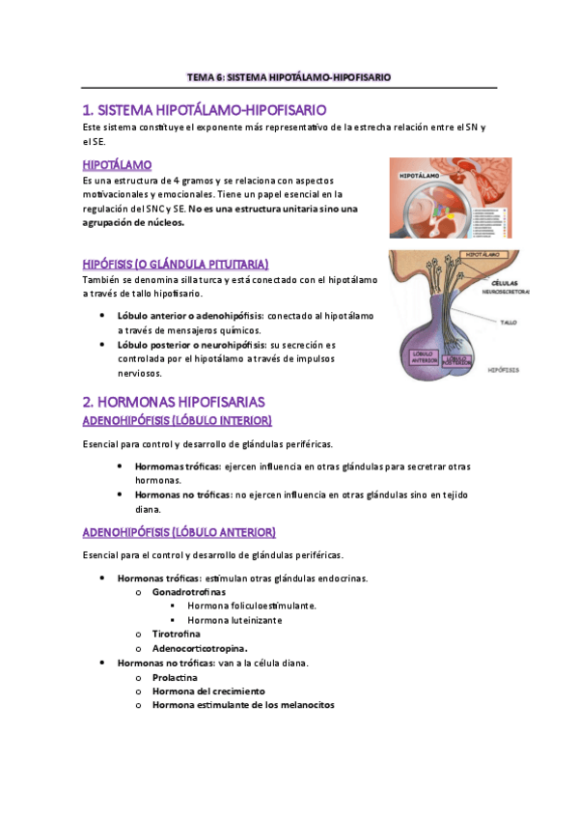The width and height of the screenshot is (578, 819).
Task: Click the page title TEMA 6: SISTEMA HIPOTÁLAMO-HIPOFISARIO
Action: pyautogui.click(x=289, y=77)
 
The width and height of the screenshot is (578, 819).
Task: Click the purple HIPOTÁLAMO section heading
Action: pyautogui.click(x=117, y=165)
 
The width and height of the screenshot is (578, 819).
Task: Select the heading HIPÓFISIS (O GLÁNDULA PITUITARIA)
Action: pyautogui.click(x=175, y=264)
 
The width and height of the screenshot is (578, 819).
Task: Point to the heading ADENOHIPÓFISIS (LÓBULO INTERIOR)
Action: pyautogui.click(x=177, y=421)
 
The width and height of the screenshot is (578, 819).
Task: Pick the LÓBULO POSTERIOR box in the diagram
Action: pyautogui.click(x=463, y=360)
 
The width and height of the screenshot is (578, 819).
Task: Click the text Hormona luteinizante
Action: pyautogui.click(x=234, y=620)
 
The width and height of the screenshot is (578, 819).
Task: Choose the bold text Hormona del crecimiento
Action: pyautogui.click(x=208, y=692)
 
